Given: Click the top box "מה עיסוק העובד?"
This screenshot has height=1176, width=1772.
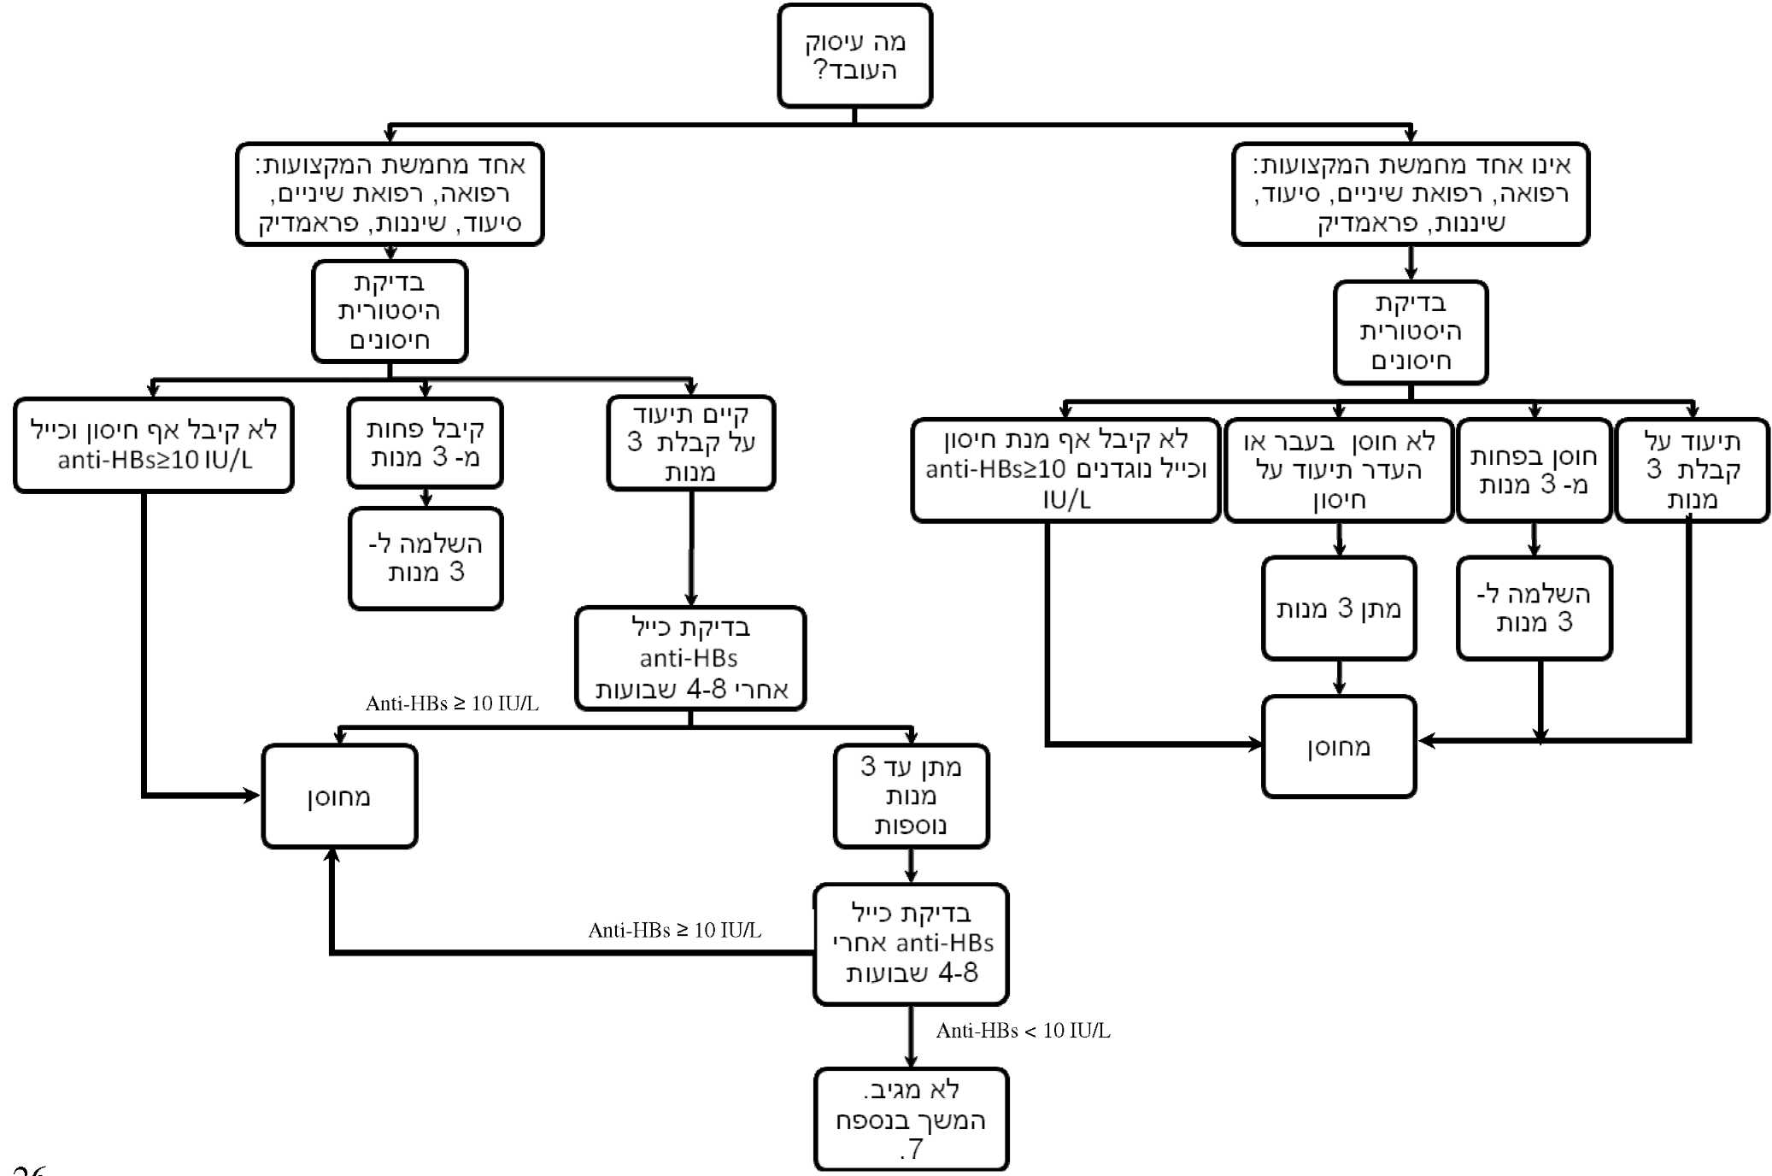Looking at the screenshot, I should click(854, 56).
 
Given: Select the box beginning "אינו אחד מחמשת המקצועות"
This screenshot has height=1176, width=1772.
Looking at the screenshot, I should click(1410, 194).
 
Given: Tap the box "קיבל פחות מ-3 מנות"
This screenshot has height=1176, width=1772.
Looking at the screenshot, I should click(425, 443).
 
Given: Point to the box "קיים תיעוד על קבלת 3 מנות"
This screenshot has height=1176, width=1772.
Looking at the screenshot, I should click(690, 443).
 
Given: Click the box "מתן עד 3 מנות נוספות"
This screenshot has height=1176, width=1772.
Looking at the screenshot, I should click(911, 796).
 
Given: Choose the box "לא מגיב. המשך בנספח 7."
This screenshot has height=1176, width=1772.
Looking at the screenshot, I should click(911, 1119).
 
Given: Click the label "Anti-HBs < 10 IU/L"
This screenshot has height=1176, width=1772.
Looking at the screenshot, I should click(1023, 1031).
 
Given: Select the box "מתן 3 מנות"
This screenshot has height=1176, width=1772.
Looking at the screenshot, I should click(1338, 609).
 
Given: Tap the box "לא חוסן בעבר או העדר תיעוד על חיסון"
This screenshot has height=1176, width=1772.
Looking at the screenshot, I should click(1338, 470).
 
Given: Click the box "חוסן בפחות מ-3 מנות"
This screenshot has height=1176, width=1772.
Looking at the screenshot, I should click(1534, 470).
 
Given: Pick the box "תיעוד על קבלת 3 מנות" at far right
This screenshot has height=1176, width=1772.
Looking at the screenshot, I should click(1692, 470).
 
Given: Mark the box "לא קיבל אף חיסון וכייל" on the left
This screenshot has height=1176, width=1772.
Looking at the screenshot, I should click(154, 444).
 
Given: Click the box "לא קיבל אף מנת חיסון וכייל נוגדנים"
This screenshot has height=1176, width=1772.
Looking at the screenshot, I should click(1065, 470).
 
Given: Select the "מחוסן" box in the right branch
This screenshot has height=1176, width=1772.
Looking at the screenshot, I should click(1338, 747).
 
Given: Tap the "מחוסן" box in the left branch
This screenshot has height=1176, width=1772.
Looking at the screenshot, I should click(339, 797).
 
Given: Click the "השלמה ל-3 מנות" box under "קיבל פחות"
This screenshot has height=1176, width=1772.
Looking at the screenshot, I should click(425, 558).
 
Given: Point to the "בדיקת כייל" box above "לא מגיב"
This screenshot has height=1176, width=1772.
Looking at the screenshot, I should click(911, 944).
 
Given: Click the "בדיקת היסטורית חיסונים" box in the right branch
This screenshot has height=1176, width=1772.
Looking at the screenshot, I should click(1410, 332).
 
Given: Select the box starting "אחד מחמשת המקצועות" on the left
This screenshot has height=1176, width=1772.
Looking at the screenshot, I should click(390, 194).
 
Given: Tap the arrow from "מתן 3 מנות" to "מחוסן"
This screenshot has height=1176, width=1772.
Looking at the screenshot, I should click(1339, 678).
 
